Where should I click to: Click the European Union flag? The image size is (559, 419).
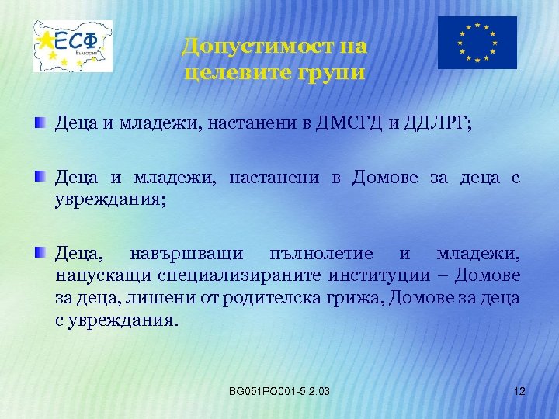[x=477, y=43]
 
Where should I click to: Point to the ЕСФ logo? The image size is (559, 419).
[x=73, y=46]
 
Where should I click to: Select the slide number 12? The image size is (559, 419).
[x=519, y=390]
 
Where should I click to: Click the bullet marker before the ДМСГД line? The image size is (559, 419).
[x=40, y=123]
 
